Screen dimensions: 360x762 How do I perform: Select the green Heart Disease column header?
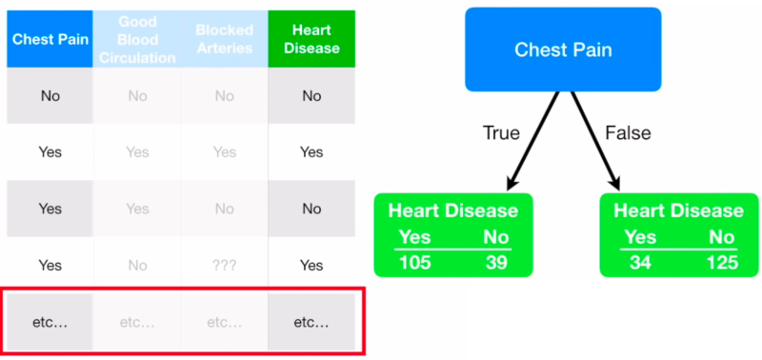(311, 39)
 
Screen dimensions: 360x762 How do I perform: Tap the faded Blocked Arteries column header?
(225, 39)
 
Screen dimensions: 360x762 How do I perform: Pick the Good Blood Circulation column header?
(137, 39)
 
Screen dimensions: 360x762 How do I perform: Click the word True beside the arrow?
(501, 133)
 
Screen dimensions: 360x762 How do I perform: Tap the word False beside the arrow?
(628, 133)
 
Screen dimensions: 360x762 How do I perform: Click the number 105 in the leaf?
(414, 262)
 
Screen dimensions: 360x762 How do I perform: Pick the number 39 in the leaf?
(494, 262)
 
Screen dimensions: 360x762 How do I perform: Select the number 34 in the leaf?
(640, 262)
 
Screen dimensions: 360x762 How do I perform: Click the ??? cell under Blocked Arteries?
(225, 267)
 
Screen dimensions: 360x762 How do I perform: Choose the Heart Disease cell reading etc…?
(311, 322)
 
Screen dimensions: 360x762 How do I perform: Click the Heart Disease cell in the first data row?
(311, 95)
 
